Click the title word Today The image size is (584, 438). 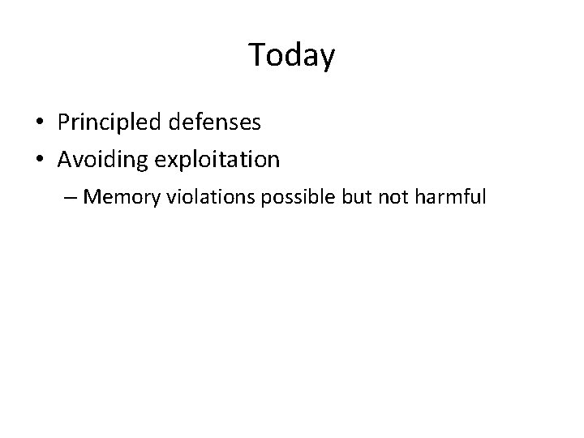291,55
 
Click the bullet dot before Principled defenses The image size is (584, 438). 40,123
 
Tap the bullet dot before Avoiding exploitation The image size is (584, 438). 40,160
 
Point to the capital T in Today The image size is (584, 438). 256,54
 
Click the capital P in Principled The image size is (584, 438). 63,122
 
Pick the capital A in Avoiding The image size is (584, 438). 66,159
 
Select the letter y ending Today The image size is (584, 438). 326,58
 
